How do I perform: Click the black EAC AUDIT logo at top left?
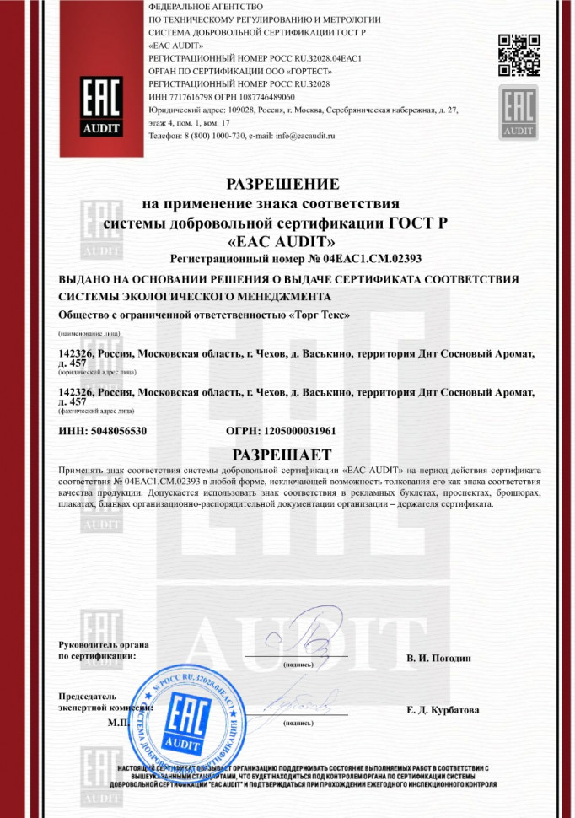click(x=99, y=105)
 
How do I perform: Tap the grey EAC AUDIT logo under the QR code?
click(x=517, y=113)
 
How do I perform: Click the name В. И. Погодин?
click(x=438, y=658)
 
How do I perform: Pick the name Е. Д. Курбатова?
click(x=443, y=710)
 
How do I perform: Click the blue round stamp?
click(x=180, y=710)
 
